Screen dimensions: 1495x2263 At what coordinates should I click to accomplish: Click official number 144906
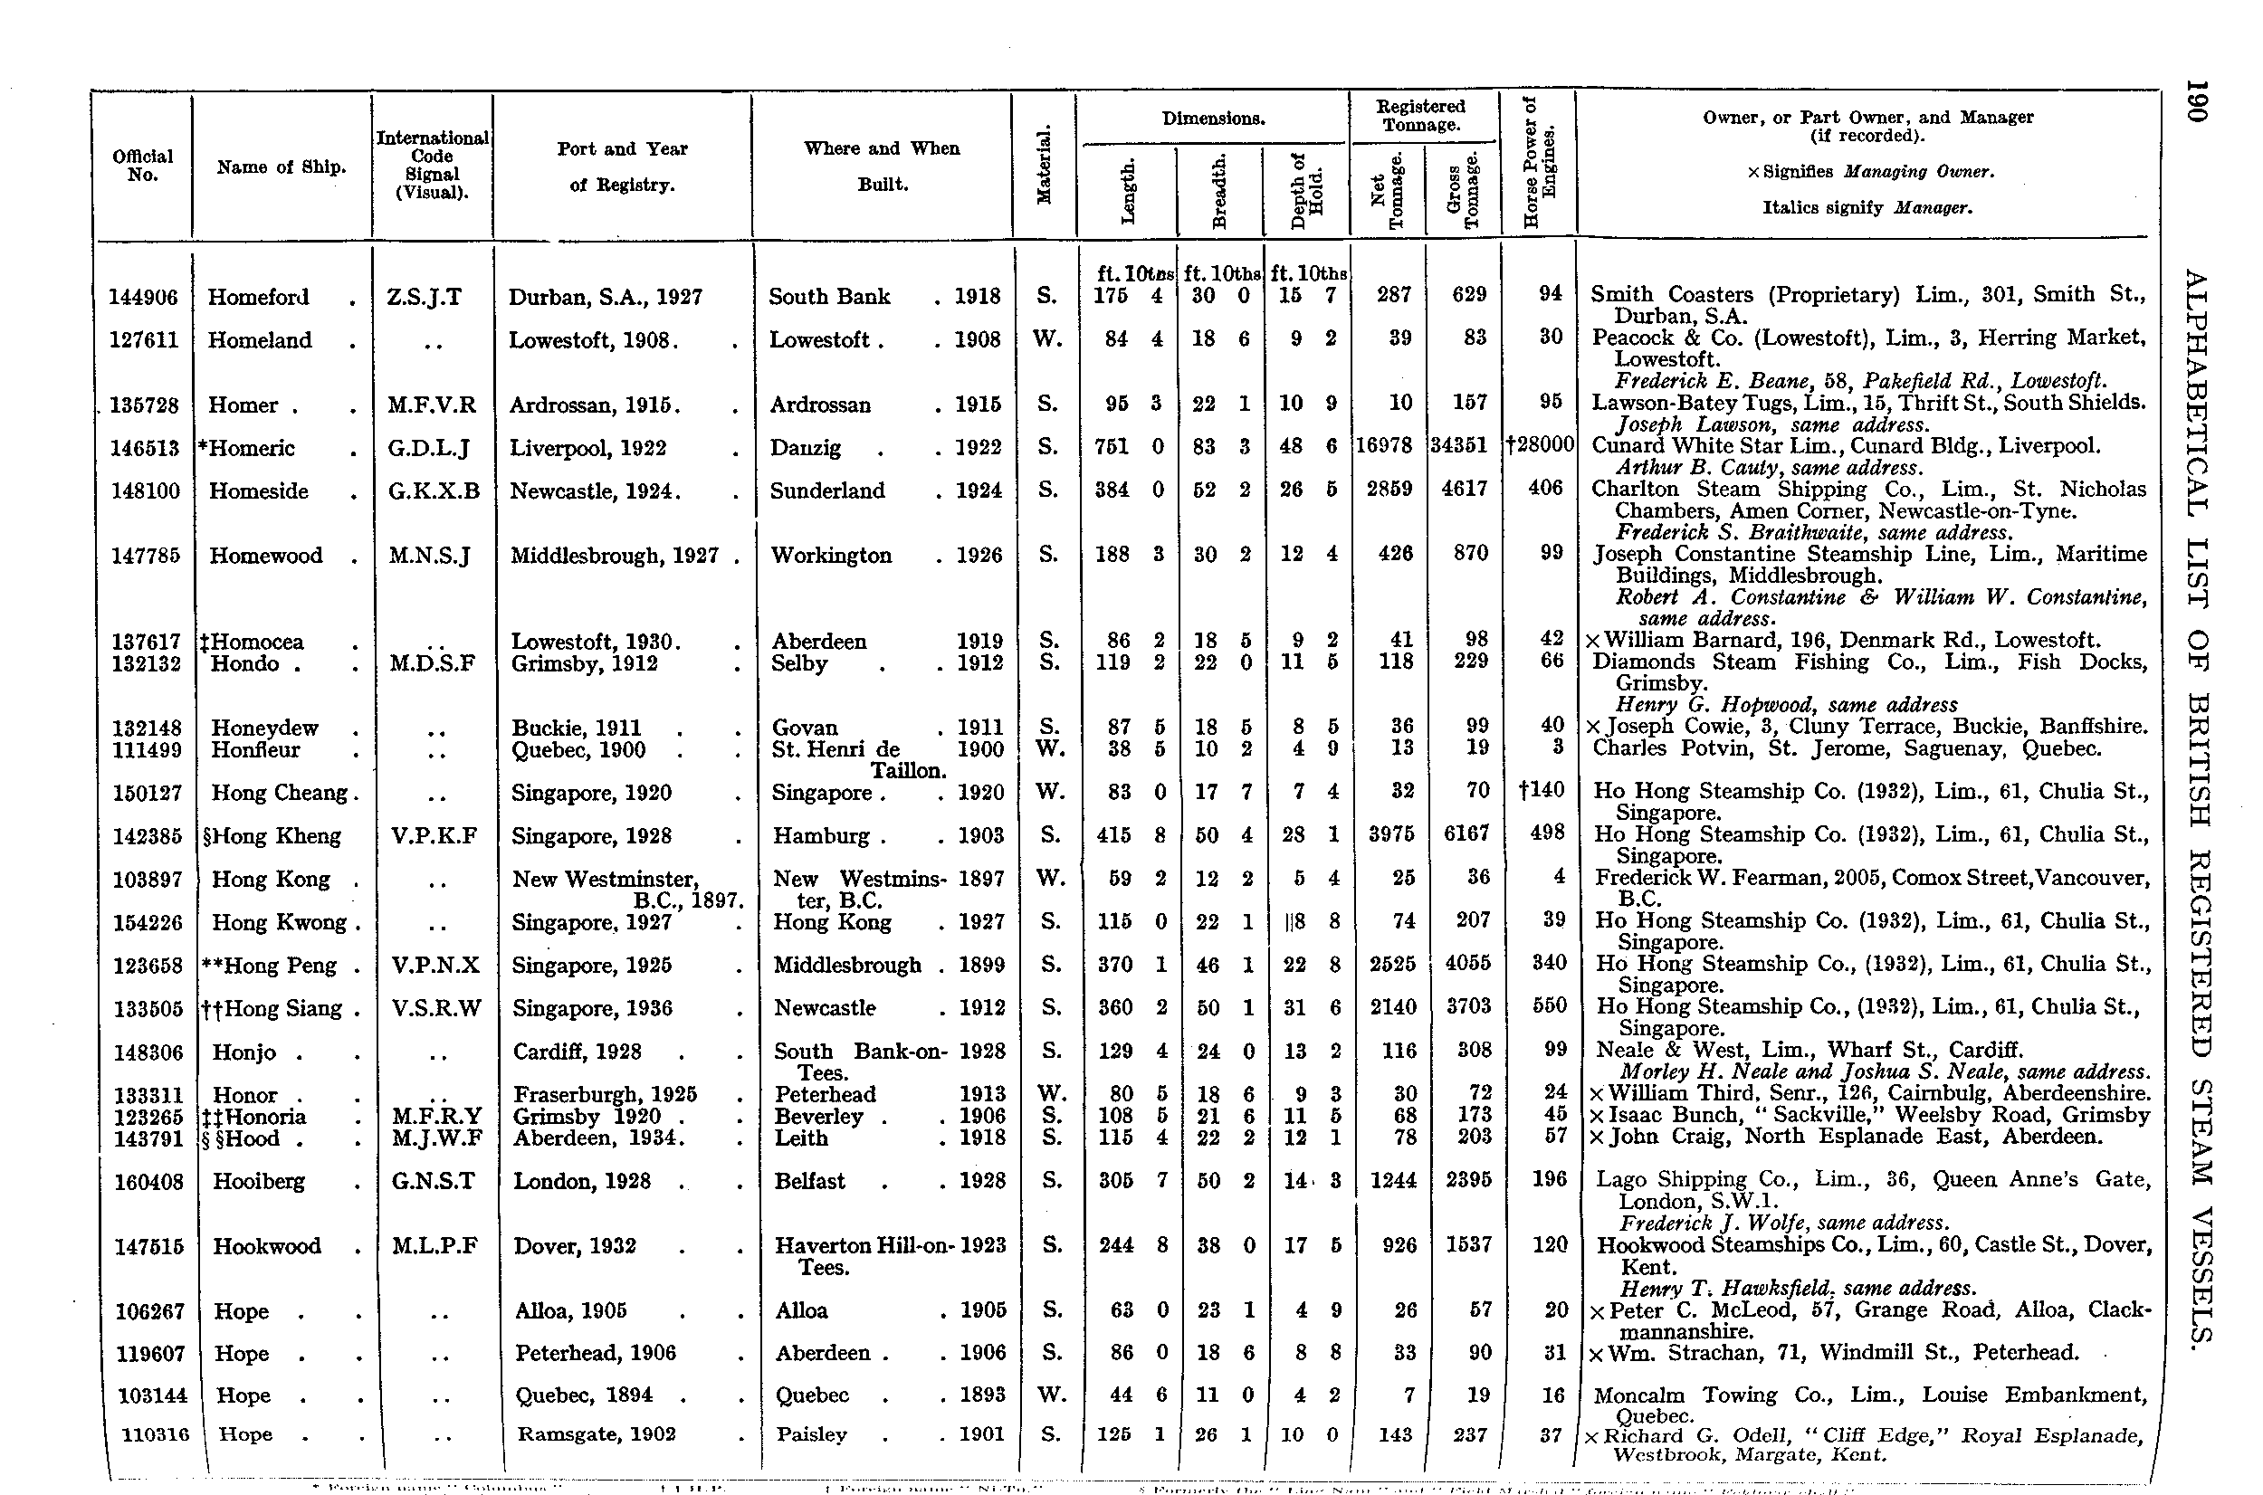(x=143, y=298)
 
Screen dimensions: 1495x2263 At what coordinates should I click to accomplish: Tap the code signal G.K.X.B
(x=433, y=492)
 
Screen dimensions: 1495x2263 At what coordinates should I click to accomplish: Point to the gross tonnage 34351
(x=1459, y=447)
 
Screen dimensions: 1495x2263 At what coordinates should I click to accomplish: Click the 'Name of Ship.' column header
(x=282, y=167)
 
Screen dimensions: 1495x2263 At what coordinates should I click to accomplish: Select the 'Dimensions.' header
(x=1213, y=119)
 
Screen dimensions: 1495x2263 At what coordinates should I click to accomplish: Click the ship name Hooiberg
(x=259, y=1182)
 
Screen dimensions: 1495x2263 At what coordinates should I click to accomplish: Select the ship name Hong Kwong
(x=278, y=923)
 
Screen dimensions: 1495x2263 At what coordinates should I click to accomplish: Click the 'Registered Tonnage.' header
(x=1421, y=115)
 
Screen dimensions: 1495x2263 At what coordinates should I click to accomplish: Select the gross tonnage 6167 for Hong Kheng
(x=1466, y=835)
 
